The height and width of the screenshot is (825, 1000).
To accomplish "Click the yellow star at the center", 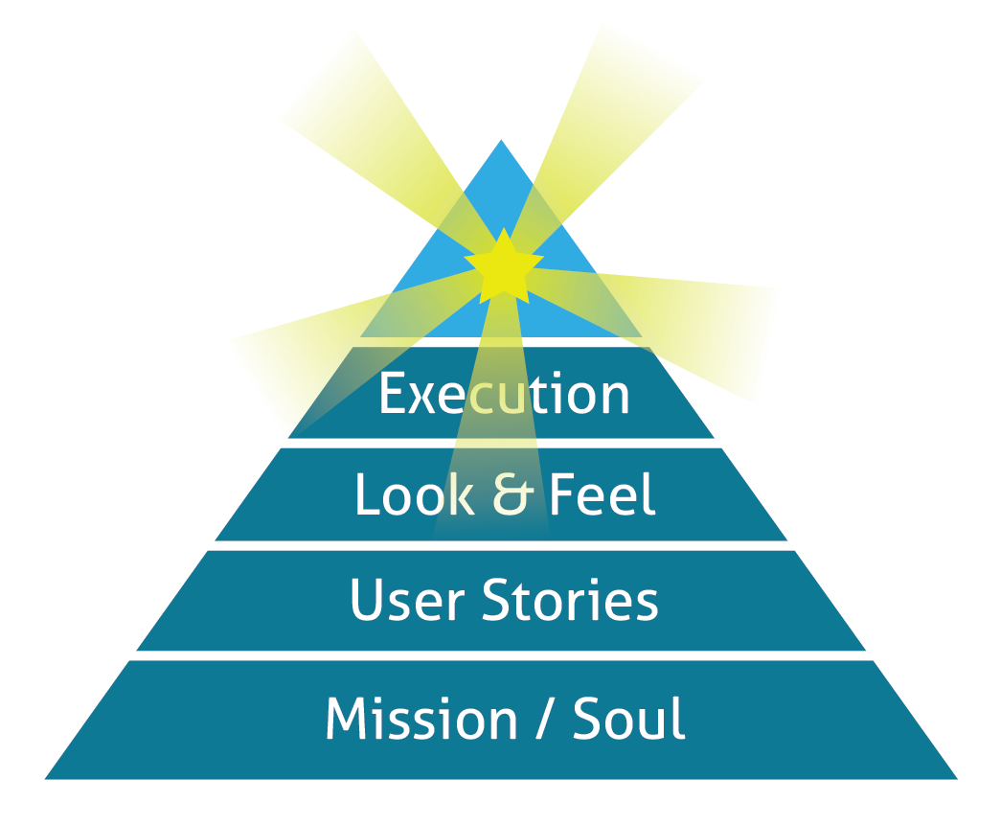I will [x=504, y=264].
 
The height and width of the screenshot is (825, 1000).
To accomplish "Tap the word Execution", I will [x=504, y=394].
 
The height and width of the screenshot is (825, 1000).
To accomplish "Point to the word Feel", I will [x=602, y=495].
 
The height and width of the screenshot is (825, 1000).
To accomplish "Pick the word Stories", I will [x=570, y=600].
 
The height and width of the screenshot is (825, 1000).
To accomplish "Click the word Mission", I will [x=420, y=719].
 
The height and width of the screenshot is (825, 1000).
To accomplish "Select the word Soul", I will [x=629, y=719].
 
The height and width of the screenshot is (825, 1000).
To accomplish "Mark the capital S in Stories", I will [x=497, y=600].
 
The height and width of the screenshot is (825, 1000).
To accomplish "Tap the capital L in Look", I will [x=365, y=495].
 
